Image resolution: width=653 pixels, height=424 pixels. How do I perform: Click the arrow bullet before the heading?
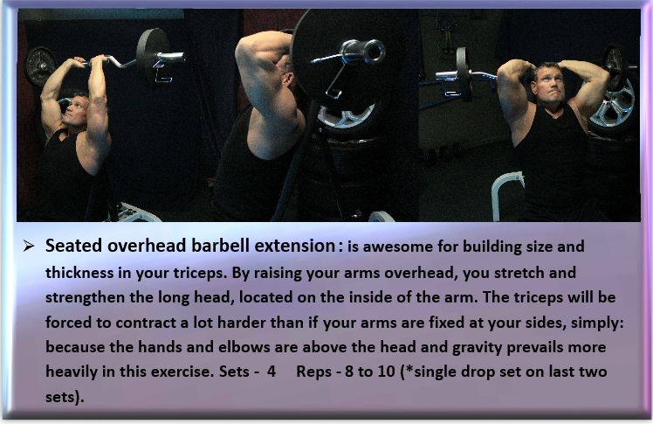pyautogui.click(x=29, y=246)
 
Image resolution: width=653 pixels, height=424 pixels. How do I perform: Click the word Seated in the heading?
pyautogui.click(x=73, y=246)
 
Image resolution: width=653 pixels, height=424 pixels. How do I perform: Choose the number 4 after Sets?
pyautogui.click(x=272, y=372)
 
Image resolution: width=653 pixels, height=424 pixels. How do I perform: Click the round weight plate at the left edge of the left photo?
pyautogui.click(x=40, y=66)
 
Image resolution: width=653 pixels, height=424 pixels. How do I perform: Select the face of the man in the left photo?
pyautogui.click(x=75, y=111)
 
